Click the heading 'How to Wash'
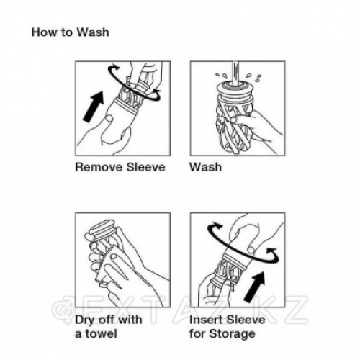pyautogui.click(x=70, y=32)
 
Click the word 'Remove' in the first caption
pyautogui.click(x=99, y=167)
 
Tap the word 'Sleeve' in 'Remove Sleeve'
pyautogui.click(x=145, y=167)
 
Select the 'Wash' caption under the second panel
pyautogui.click(x=205, y=167)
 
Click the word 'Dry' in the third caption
pyautogui.click(x=85, y=320)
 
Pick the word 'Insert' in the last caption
pyautogui.click(x=206, y=320)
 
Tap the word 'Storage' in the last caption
pyautogui.click(x=232, y=334)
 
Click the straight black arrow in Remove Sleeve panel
pyautogui.click(x=94, y=107)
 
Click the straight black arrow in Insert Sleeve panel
pyautogui.click(x=254, y=287)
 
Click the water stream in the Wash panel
pyautogui.click(x=236, y=73)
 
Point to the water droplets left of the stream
pyautogui.click(x=221, y=75)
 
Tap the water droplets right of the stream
pyautogui.click(x=253, y=76)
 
